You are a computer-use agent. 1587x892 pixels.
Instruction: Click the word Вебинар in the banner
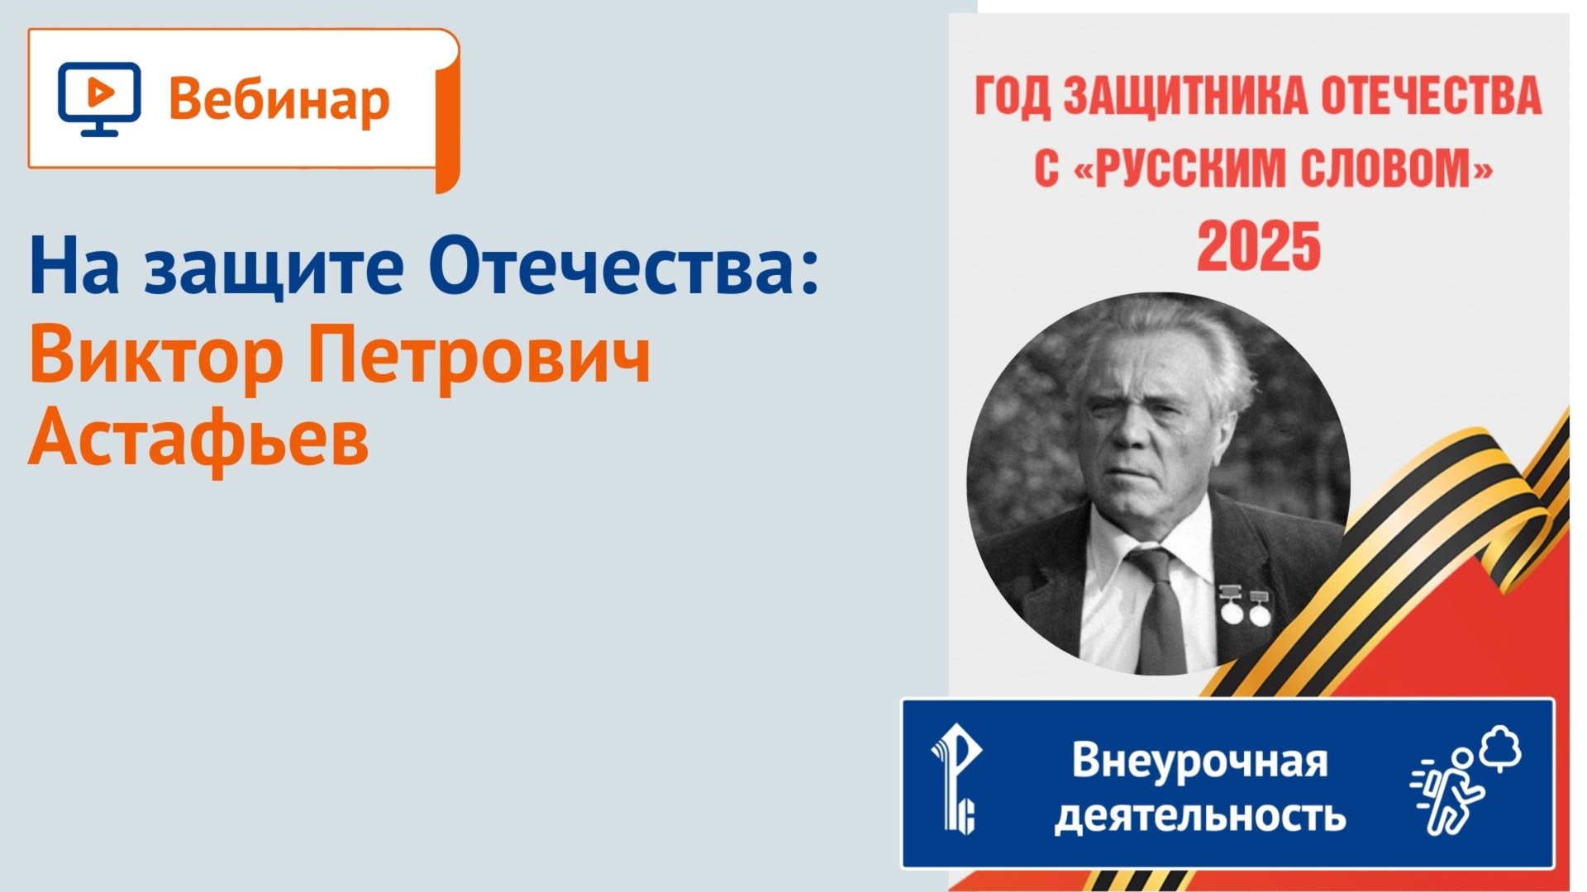click(x=279, y=101)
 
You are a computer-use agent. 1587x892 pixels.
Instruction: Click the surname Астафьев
click(x=198, y=439)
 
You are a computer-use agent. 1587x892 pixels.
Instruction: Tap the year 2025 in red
click(x=1259, y=246)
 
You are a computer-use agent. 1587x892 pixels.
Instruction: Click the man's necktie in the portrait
click(x=1160, y=611)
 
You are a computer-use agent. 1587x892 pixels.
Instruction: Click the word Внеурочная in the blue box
click(x=1199, y=760)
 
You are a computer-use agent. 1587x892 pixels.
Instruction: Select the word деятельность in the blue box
click(x=1199, y=815)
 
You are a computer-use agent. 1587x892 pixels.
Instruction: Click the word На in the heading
click(x=74, y=267)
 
